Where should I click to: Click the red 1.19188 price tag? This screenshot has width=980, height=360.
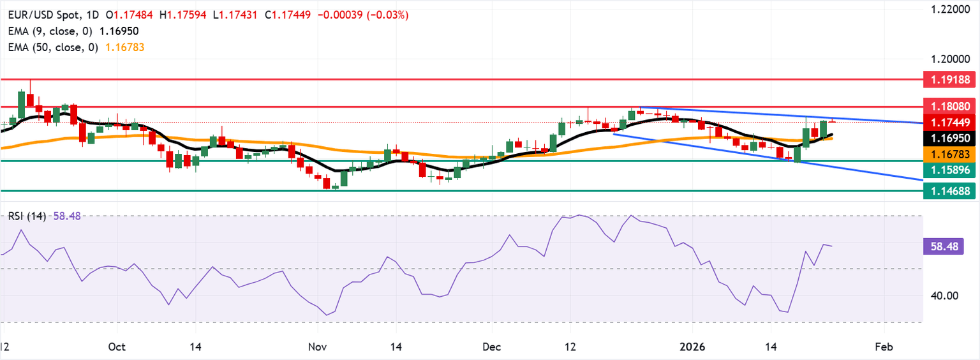point(951,80)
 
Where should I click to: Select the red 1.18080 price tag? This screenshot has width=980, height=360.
point(951,107)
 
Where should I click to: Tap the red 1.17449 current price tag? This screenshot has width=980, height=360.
point(951,122)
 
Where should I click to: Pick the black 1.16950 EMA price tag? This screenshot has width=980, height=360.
point(951,137)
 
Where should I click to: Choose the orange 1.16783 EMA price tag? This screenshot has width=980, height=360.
point(951,154)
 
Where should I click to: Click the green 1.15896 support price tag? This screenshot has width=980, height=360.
point(951,170)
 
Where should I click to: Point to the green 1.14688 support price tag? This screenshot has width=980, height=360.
point(951,190)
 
